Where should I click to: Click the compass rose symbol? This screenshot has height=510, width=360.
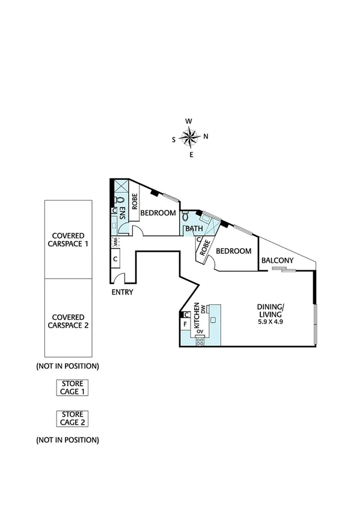click(190, 138)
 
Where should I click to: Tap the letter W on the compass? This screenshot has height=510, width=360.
click(189, 121)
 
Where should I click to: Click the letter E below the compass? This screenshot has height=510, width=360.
click(191, 155)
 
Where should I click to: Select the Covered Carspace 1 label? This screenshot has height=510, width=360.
click(68, 239)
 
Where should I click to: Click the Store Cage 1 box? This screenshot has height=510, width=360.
click(72, 387)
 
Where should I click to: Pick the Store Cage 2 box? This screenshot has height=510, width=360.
click(72, 417)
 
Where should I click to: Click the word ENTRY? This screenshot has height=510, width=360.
click(122, 292)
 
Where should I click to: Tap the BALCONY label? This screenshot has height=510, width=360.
click(277, 260)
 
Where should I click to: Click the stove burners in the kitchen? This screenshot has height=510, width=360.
click(200, 342)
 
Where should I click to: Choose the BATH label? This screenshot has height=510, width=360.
click(194, 229)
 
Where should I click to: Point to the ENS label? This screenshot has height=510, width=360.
click(121, 214)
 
